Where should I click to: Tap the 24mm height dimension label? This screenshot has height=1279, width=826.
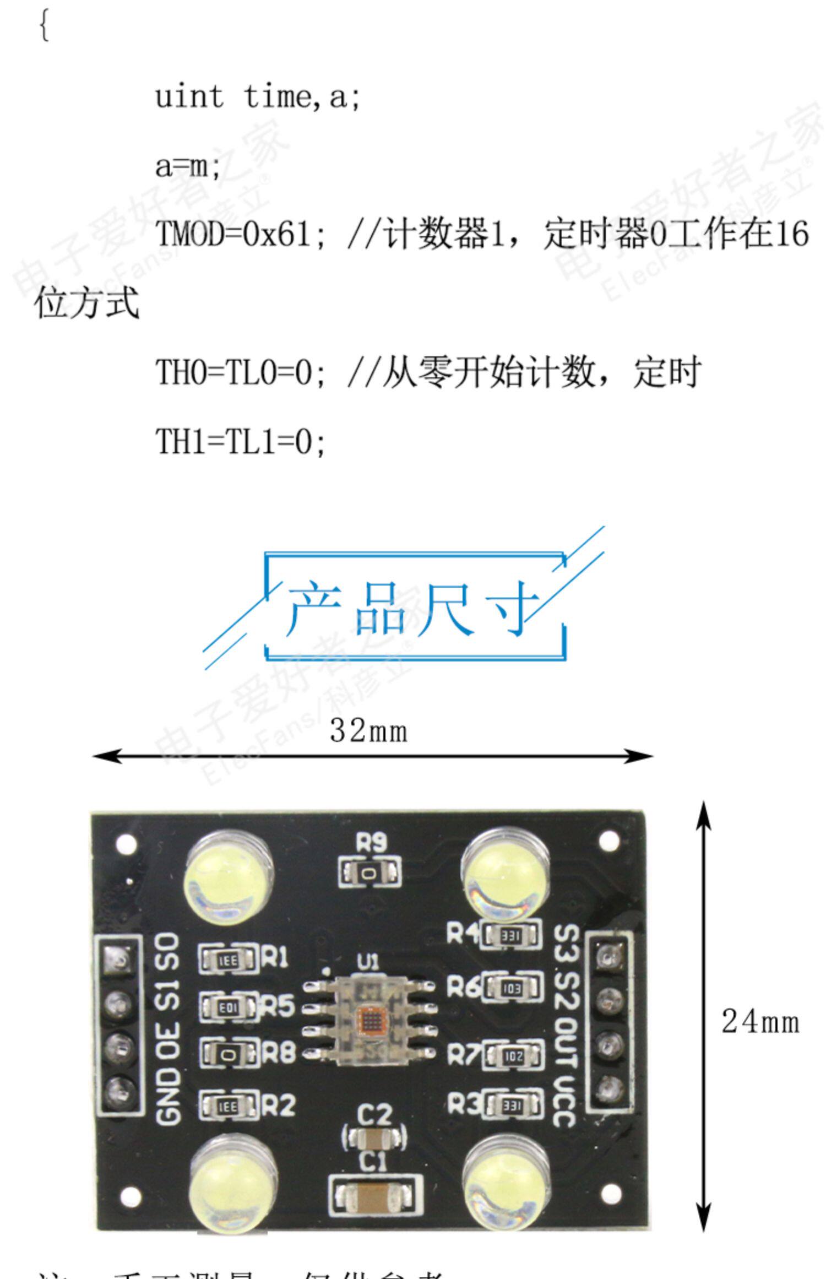[x=760, y=1022]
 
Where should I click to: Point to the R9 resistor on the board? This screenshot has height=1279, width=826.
[x=369, y=872]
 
